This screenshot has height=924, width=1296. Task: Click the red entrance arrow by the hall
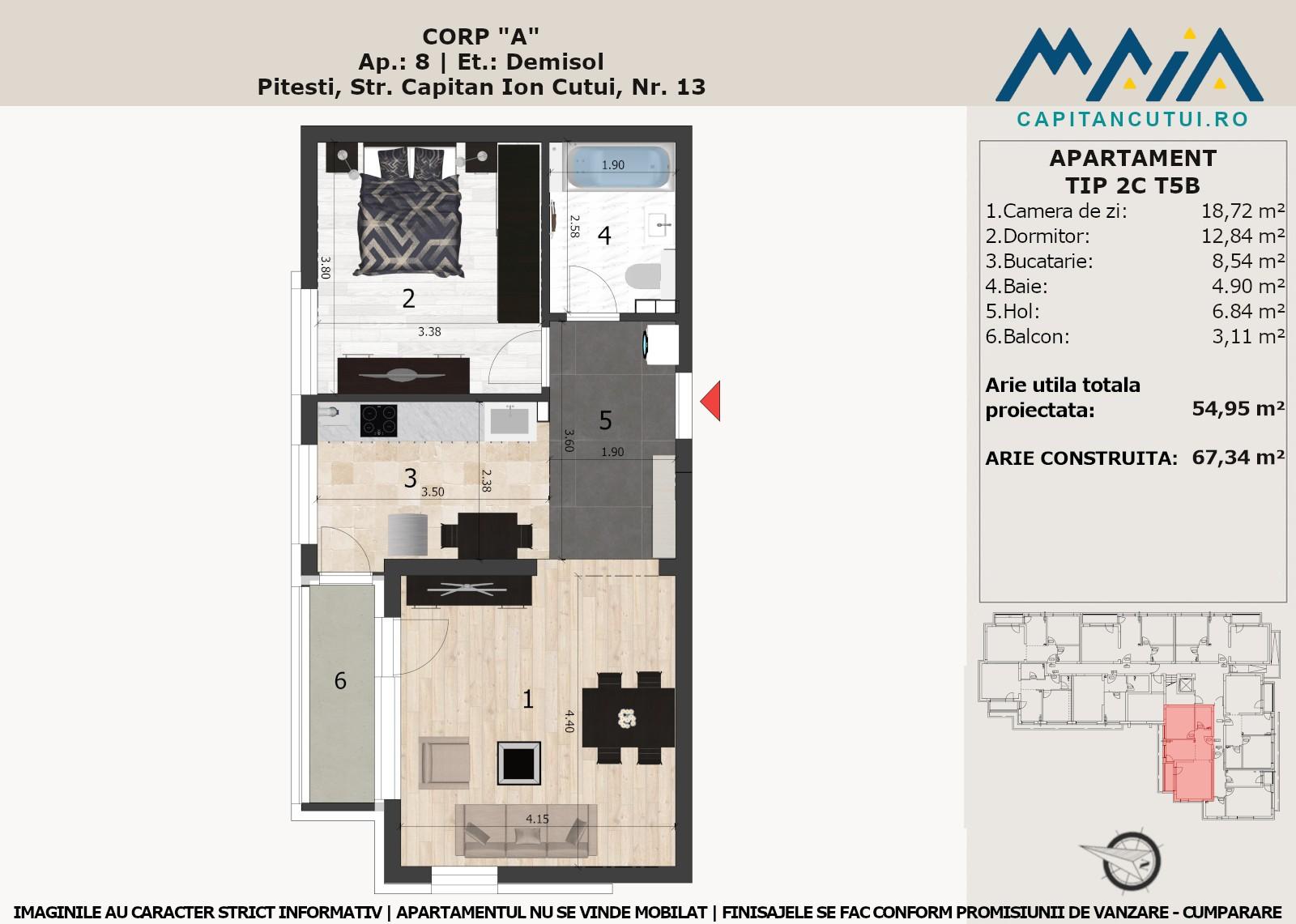click(711, 400)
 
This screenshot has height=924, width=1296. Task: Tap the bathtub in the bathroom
click(619, 166)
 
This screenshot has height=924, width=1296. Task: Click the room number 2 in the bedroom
click(408, 299)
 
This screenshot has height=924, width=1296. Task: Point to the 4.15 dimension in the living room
click(537, 819)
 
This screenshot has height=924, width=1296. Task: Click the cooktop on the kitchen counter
click(378, 420)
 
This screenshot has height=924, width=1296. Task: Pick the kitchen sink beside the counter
click(509, 420)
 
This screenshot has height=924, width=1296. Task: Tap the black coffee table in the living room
click(518, 763)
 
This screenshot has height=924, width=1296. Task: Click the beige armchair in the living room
click(445, 763)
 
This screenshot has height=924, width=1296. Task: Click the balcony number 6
click(340, 681)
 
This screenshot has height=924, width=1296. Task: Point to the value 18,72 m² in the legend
click(1243, 211)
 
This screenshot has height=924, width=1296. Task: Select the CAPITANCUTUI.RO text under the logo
click(1132, 119)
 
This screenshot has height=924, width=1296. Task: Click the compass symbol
click(1123, 860)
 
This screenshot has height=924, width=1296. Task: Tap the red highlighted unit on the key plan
click(1188, 753)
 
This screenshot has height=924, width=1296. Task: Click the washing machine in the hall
click(661, 345)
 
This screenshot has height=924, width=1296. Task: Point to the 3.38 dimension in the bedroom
click(429, 331)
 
